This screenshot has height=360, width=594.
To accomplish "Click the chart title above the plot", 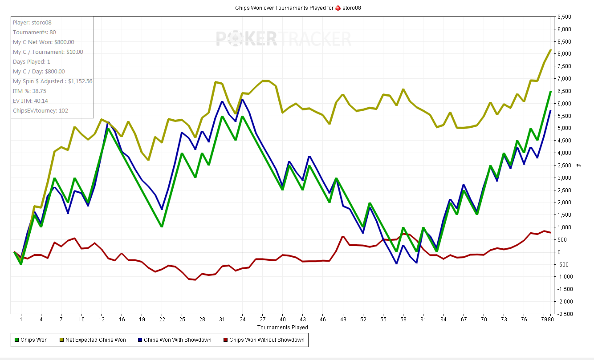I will click(x=297, y=8).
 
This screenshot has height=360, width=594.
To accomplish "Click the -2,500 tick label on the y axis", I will click(x=563, y=314).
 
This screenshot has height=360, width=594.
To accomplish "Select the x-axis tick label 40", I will click(x=283, y=319).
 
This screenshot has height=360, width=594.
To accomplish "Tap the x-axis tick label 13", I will click(x=102, y=319).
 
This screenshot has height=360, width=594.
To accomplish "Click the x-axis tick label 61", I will click(x=423, y=319).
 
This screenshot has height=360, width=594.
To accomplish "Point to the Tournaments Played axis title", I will click(x=282, y=327).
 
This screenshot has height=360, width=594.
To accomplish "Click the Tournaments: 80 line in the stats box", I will click(x=34, y=32).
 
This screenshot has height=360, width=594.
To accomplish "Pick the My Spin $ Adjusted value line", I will click(x=53, y=81).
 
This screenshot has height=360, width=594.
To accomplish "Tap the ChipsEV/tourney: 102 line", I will click(x=41, y=111).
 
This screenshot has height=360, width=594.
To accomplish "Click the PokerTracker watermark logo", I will click(x=284, y=38).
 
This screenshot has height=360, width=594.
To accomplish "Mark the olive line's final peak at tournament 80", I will click(x=551, y=50).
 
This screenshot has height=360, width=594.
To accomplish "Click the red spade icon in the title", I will click(x=338, y=8).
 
